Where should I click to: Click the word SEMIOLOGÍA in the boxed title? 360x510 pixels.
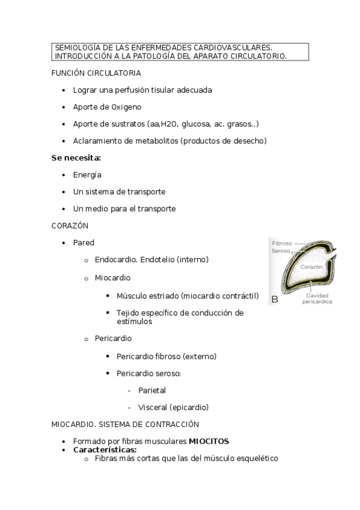[76, 48]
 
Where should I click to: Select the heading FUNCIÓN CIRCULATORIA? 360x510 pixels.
[96, 73]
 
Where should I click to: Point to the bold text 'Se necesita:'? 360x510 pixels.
[76, 158]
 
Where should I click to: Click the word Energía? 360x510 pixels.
[87, 174]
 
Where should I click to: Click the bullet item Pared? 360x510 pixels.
[84, 242]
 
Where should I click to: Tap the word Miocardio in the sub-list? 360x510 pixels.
[112, 278]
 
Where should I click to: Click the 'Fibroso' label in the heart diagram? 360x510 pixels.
[281, 243]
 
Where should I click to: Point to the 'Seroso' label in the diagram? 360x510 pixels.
[281, 251]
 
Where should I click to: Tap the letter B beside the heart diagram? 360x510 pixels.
[275, 298]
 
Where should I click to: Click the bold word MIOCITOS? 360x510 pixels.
[209, 441]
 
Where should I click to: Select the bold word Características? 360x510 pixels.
[105, 449]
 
